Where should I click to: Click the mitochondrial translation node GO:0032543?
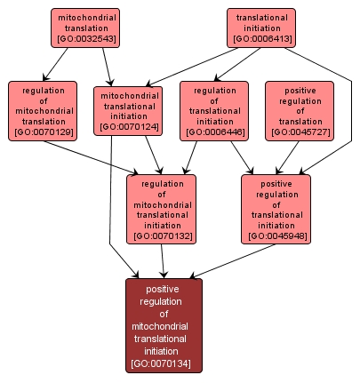[x=85, y=28]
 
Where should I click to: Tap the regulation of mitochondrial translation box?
[x=43, y=110]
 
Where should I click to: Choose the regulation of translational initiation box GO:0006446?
[x=213, y=110]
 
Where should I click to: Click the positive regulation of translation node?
[x=299, y=110]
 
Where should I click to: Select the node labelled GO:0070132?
[x=162, y=209]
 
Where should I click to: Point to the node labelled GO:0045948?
[x=276, y=209]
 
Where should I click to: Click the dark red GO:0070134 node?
[x=164, y=325]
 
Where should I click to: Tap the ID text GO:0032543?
[x=85, y=40]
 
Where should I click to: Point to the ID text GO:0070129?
[x=43, y=133]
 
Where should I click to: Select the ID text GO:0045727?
[x=299, y=133]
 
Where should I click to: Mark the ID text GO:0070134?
[x=164, y=364]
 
